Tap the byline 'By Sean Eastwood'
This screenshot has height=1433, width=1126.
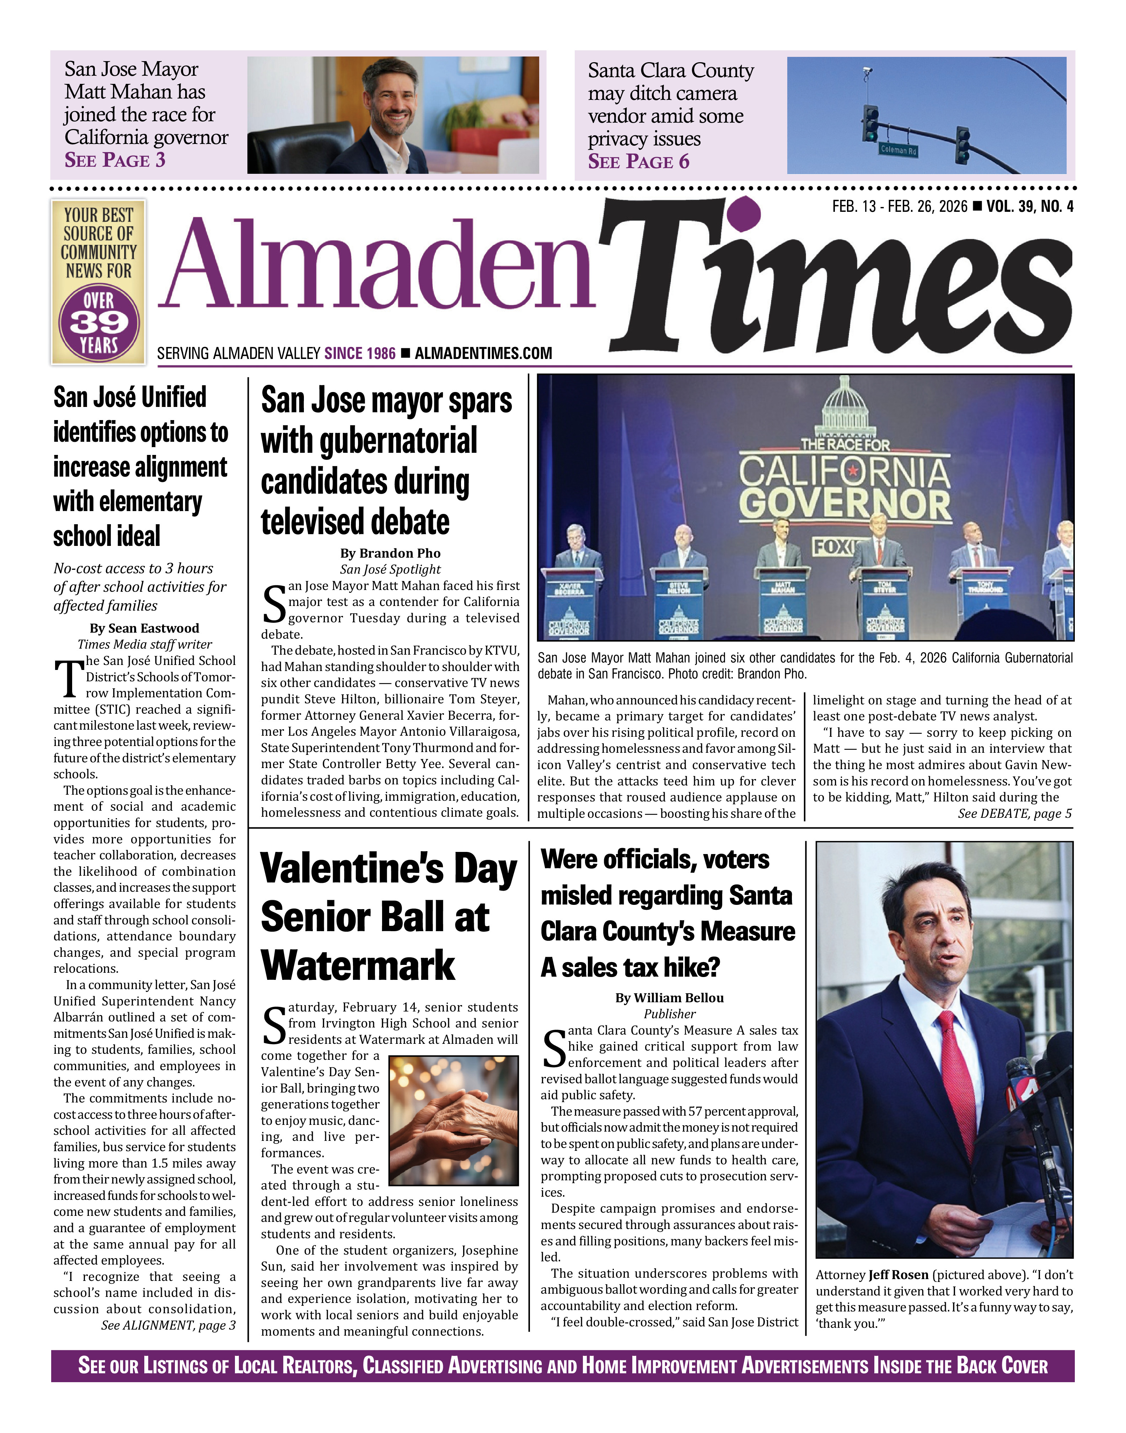coord(144,628)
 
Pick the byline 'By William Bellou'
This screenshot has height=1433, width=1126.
coord(669,998)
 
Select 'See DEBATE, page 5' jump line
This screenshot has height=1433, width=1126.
coord(1015,814)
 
